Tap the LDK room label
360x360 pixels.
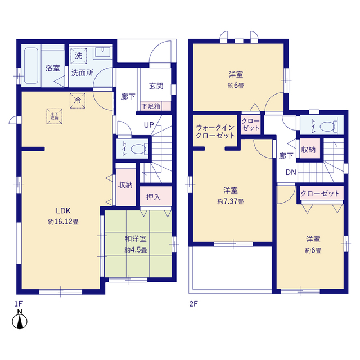[x=63, y=210]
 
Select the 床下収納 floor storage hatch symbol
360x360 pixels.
[x=55, y=116]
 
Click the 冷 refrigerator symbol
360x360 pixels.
[x=78, y=100]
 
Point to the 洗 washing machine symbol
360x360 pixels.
[x=79, y=56]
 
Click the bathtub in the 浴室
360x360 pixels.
[x=31, y=66]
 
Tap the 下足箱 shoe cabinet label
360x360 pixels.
[x=151, y=106]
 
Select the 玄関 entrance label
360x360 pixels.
[x=156, y=86]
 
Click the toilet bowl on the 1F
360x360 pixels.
[x=138, y=149]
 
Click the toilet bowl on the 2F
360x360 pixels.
[x=327, y=127]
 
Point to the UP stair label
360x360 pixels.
[x=148, y=125]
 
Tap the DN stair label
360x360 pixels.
[x=291, y=172]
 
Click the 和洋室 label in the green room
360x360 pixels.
[x=136, y=238]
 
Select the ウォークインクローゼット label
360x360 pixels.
[x=215, y=131]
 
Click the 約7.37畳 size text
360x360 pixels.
[x=231, y=201]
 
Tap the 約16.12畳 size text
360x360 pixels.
[x=63, y=222]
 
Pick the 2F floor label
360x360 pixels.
[x=193, y=304]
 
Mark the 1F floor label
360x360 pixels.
[x=19, y=304]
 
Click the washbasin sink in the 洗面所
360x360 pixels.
[x=102, y=52]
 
